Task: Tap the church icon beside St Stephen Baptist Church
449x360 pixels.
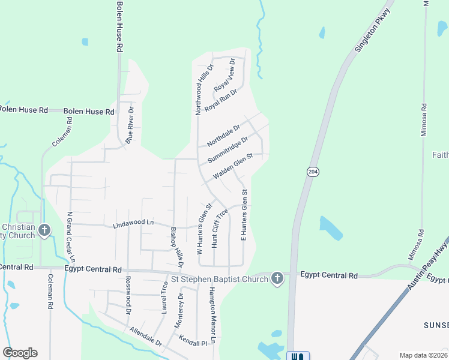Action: click(x=277, y=278)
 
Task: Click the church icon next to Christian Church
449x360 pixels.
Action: click(x=44, y=230)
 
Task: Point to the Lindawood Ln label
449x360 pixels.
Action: click(x=134, y=223)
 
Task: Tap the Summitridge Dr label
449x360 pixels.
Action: click(x=228, y=150)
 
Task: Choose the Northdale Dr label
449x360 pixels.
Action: click(x=223, y=136)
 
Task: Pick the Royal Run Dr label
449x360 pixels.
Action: click(x=221, y=100)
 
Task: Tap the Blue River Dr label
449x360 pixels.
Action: click(x=129, y=123)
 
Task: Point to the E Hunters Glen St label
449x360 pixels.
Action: click(x=244, y=215)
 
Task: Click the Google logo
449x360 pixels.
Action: click(x=20, y=353)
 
